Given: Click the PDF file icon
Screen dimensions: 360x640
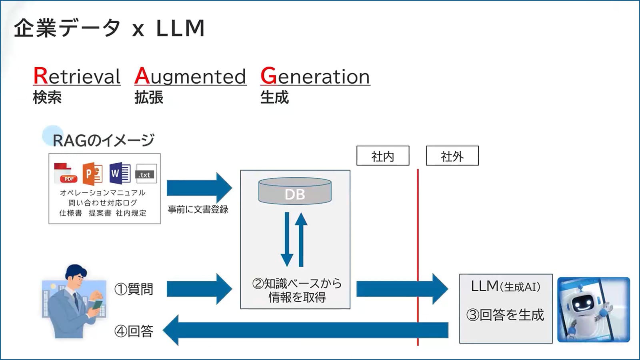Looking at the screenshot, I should coord(65,173).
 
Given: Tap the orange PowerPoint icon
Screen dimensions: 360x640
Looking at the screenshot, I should coord(92,174).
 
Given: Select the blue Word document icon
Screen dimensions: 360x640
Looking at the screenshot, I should coord(119,173).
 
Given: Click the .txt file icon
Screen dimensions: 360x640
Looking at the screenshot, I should coord(146,174).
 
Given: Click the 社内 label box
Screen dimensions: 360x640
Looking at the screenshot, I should coord(382,156).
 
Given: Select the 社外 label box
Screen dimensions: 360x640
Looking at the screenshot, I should coord(452,156).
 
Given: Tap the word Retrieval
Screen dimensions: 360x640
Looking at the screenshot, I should coord(77,76).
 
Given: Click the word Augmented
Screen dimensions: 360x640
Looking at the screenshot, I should coord(190,76).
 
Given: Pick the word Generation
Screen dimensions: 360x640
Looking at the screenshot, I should coord(315,76).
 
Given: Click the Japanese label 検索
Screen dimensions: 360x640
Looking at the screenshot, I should coord(47,98).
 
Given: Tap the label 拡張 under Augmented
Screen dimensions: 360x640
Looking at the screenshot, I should coord(149,98).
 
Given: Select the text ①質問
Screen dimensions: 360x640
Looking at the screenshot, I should coord(134,289).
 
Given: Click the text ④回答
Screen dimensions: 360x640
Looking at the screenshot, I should coord(134,331).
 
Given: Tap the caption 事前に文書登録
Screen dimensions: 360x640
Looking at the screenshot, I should coord(198,209).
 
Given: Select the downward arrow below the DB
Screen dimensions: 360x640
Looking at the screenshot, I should coord(287,240).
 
